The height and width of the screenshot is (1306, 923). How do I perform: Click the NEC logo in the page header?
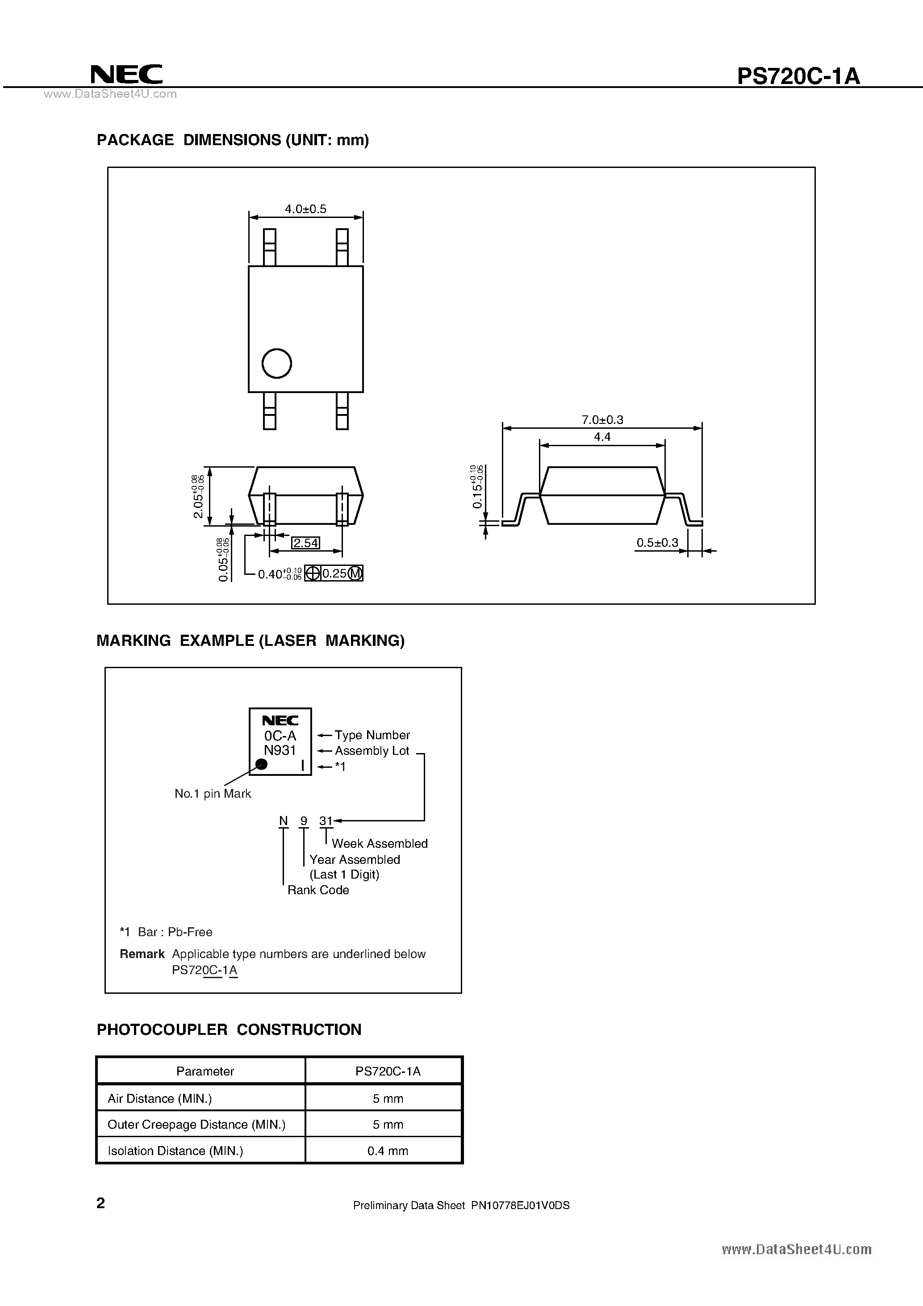[126, 75]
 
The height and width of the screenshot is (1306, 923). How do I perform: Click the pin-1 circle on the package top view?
[277, 364]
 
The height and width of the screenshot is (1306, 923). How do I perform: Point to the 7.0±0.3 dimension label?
[602, 420]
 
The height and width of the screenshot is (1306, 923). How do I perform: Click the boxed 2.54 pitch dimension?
[305, 543]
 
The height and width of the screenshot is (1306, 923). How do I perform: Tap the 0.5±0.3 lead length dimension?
[657, 543]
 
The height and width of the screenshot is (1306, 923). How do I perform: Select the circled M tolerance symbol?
[355, 573]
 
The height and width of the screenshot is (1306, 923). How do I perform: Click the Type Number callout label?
[372, 735]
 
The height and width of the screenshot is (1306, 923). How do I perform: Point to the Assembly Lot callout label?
[372, 751]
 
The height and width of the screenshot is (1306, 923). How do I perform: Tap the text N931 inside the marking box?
[280, 750]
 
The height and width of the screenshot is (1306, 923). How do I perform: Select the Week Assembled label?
[379, 844]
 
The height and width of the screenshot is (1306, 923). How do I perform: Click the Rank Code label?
[318, 890]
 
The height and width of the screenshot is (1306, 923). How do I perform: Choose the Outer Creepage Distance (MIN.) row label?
[196, 1125]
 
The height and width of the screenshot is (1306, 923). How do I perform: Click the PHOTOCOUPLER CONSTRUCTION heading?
[229, 1030]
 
